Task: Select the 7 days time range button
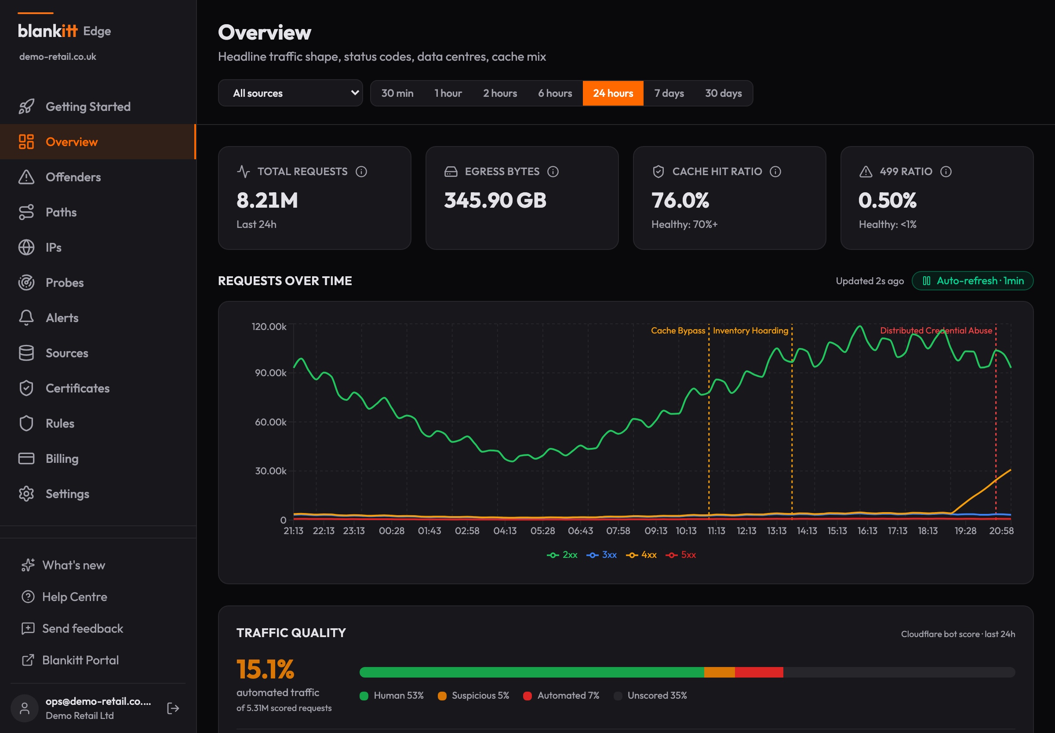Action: point(669,93)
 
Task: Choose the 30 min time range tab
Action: point(397,93)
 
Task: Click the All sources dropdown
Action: point(291,93)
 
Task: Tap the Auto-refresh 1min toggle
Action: point(972,281)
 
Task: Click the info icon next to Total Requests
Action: point(362,171)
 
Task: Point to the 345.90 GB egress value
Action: point(495,200)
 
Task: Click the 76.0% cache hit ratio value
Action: point(680,200)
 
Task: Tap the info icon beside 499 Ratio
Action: point(946,171)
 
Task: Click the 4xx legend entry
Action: point(641,555)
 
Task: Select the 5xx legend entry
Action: point(681,555)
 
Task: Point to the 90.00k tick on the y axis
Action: point(271,373)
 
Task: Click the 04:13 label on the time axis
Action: point(505,531)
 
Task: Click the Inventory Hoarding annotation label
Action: point(750,331)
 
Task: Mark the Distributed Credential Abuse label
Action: point(936,331)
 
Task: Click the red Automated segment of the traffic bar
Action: point(759,672)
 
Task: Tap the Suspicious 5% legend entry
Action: point(473,695)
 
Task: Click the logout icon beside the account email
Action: point(173,708)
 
